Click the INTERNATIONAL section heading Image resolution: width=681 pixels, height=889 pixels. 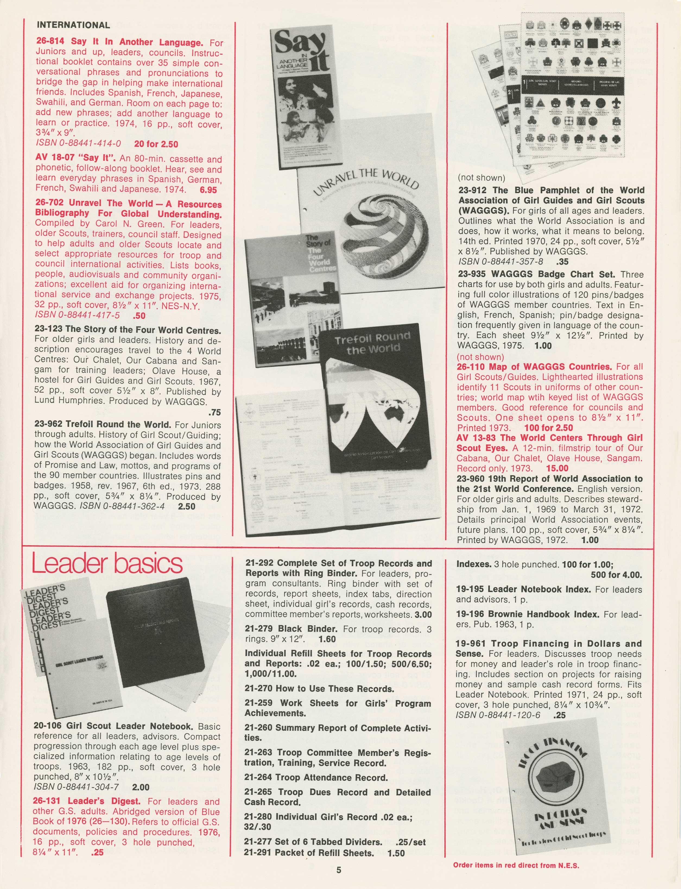[73, 25]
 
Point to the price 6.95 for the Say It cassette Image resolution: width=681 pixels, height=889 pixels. [208, 190]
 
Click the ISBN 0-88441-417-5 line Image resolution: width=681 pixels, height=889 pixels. [77, 315]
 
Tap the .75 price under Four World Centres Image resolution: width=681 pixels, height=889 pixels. [214, 412]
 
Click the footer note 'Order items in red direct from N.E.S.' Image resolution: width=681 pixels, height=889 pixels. [516, 865]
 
